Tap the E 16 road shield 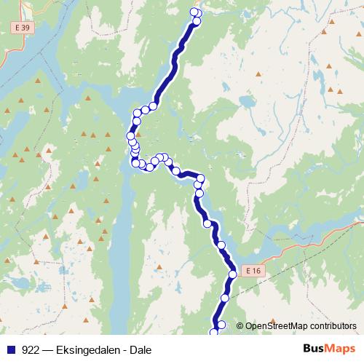[x=253, y=270]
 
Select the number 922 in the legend [x=31, y=349]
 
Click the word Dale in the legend [x=141, y=349]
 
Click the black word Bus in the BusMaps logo [x=314, y=349]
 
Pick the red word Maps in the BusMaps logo [x=341, y=349]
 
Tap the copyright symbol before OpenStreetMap [x=240, y=326]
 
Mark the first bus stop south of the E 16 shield [x=225, y=298]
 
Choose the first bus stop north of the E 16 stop [x=221, y=245]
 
